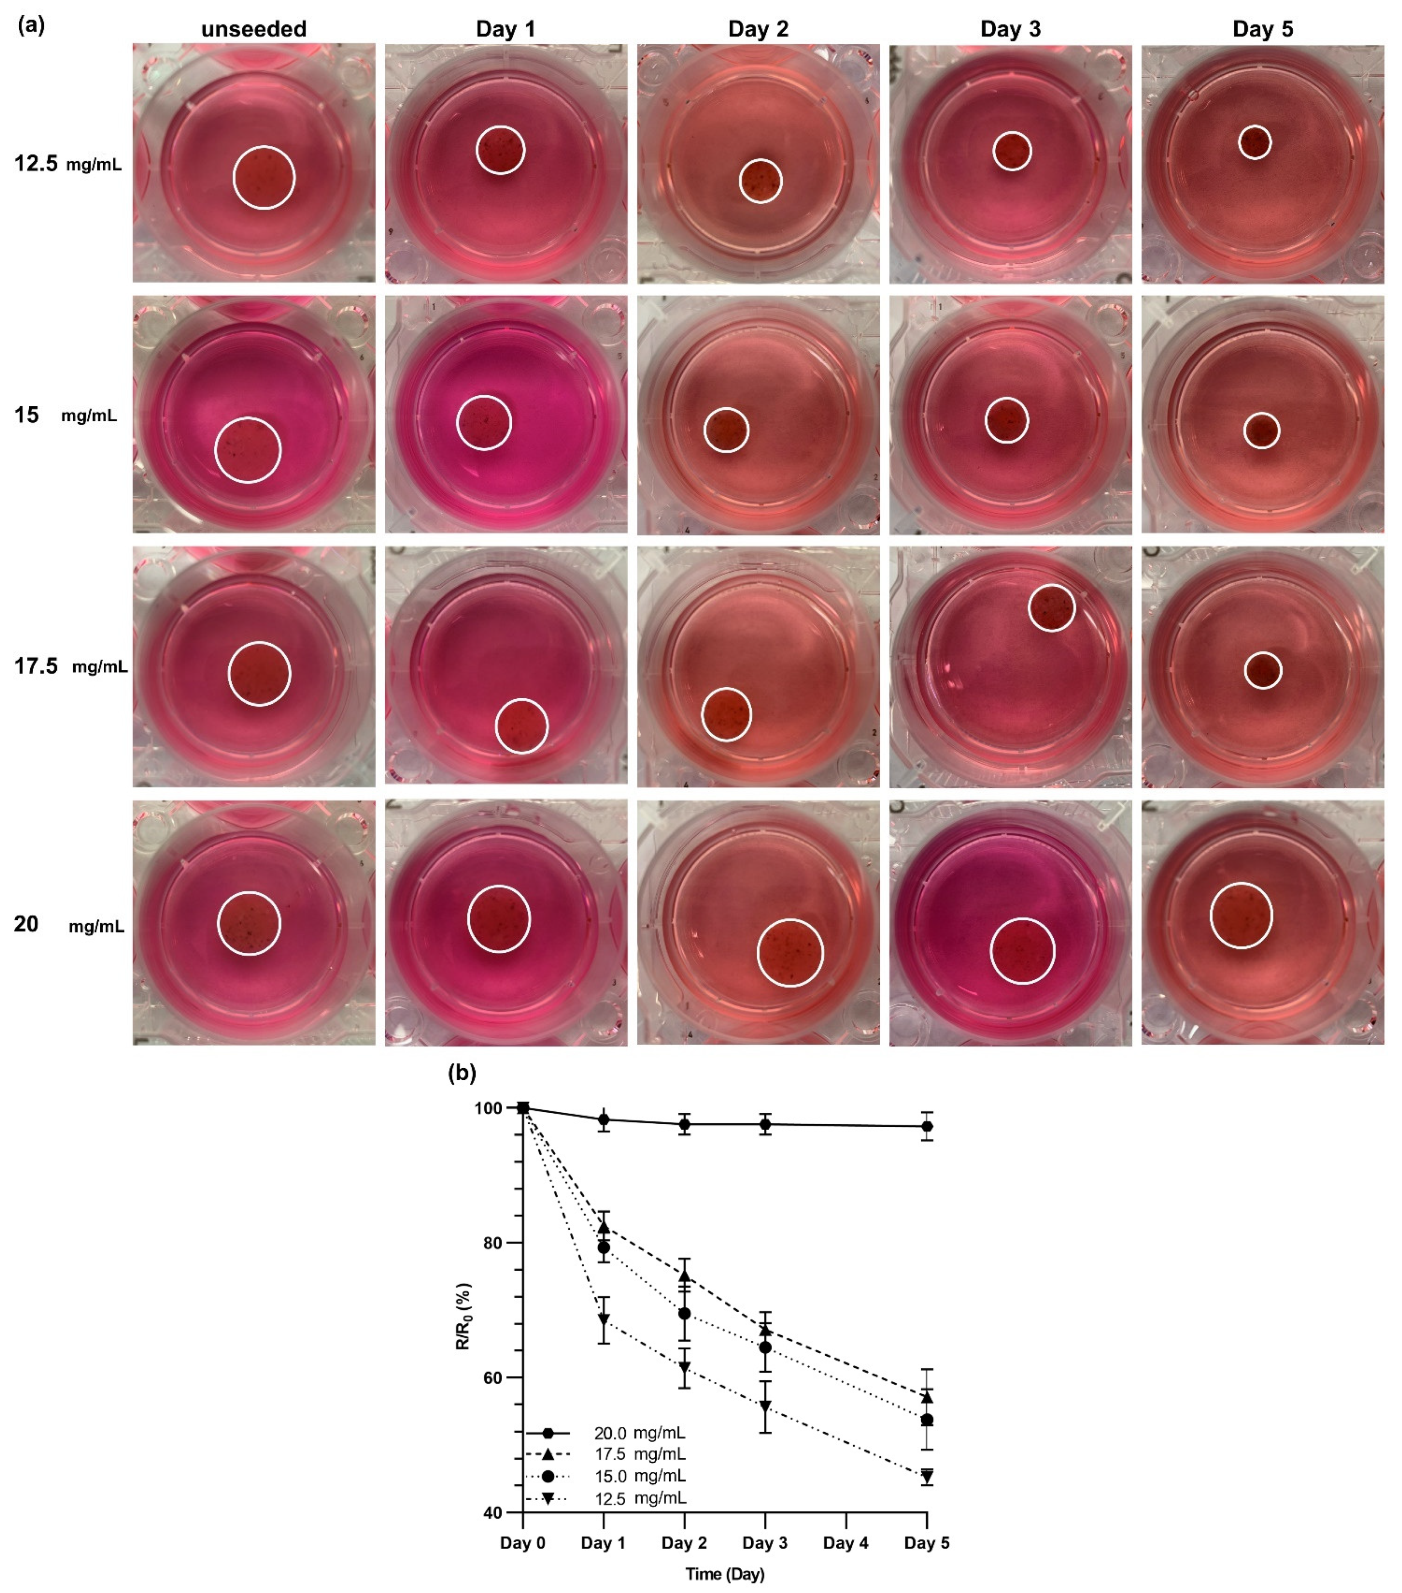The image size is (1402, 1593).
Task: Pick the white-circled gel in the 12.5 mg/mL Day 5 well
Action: coord(1255,142)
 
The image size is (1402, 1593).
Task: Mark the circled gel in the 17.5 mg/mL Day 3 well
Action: coord(1051,607)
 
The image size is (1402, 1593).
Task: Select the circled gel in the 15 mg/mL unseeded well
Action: coord(248,450)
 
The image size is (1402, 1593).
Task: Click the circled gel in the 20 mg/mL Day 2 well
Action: coord(790,952)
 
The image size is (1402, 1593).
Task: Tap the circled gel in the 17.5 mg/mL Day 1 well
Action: coord(521,726)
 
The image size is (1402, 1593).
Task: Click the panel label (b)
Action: coord(462,1073)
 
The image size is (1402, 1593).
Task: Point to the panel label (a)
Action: coord(31,25)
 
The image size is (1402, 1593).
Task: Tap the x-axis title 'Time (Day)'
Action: coord(725,1573)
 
